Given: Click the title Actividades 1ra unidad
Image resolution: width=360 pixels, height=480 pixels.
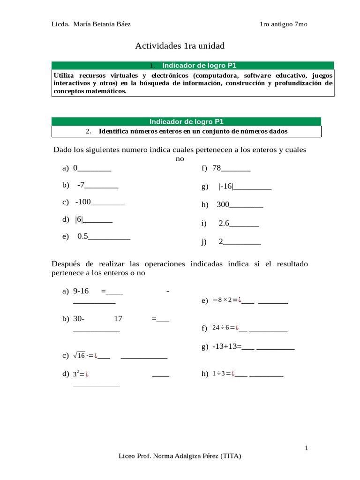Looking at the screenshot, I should [x=180, y=46].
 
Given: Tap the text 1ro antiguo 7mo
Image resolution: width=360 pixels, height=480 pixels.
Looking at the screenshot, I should [x=283, y=24].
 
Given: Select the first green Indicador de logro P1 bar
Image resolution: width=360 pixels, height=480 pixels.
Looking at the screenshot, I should [x=193, y=66].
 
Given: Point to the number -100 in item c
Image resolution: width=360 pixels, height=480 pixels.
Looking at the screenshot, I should [x=82, y=202].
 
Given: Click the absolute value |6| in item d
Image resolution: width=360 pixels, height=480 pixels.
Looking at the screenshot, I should [x=78, y=219].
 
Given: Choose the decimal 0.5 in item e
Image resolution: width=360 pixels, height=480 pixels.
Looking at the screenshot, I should [x=82, y=236].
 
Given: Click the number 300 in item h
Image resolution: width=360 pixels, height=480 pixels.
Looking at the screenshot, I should [x=223, y=205].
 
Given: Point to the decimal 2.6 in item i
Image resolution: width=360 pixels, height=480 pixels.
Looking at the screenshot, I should [x=224, y=224].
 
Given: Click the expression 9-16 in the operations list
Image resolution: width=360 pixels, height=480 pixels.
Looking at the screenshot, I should [x=81, y=291].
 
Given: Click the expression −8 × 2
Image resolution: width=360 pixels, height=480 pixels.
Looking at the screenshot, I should [x=224, y=300].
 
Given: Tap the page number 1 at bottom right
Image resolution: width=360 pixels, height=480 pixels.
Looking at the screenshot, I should [x=307, y=448].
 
